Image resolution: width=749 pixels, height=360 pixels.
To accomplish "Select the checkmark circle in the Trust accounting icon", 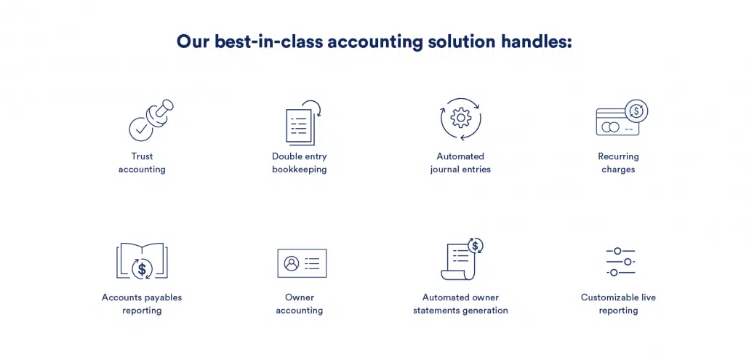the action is pos(141,129).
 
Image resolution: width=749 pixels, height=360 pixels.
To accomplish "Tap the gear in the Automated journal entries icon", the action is pos(461,117).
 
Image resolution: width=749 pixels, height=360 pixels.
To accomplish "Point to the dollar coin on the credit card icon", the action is pos(636,111).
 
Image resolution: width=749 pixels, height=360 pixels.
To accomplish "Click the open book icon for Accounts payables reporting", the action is pos(142,260).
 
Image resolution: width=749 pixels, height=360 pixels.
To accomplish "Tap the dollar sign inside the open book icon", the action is pos(142,269).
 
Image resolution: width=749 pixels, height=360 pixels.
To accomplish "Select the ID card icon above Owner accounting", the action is pos(302,263).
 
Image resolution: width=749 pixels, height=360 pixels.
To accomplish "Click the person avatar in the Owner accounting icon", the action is pos(292,263).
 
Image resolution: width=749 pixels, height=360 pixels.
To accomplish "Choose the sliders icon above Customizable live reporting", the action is pos(620,262).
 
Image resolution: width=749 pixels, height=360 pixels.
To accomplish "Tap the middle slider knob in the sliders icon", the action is pos(628,262).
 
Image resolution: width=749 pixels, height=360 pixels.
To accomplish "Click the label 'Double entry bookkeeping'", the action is pos(300,163).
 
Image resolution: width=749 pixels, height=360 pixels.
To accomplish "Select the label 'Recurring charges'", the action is pos(618,163).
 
